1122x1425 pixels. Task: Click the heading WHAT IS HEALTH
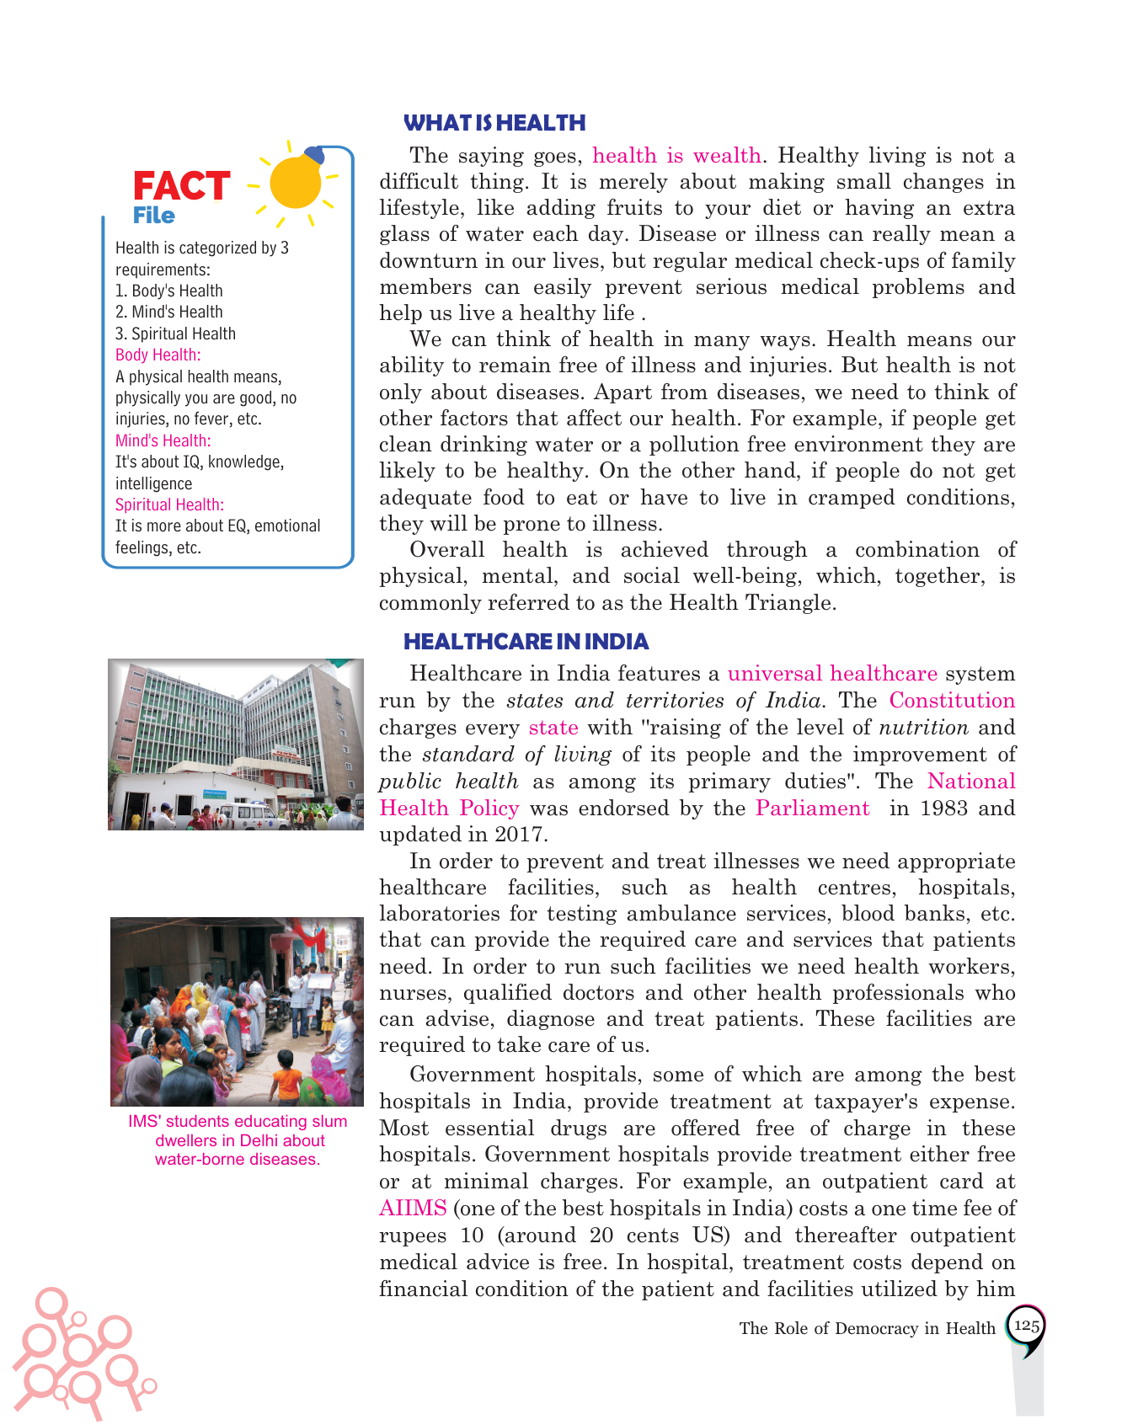pyautogui.click(x=494, y=123)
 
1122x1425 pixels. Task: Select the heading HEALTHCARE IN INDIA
pyautogui.click(x=526, y=642)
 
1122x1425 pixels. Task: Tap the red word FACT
pyautogui.click(x=181, y=186)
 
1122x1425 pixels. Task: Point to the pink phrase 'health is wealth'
pyautogui.click(x=676, y=156)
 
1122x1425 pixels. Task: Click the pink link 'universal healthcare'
pyautogui.click(x=832, y=674)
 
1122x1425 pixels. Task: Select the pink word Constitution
pyautogui.click(x=952, y=701)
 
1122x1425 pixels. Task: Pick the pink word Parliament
pyautogui.click(x=812, y=809)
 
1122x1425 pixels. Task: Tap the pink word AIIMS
pyautogui.click(x=413, y=1209)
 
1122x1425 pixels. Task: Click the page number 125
pyautogui.click(x=1026, y=1326)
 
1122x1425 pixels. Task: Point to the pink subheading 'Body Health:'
pyautogui.click(x=158, y=355)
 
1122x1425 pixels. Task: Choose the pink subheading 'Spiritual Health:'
pyautogui.click(x=169, y=504)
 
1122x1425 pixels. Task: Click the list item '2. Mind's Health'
pyautogui.click(x=169, y=312)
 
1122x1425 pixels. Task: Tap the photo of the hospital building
pyautogui.click(x=236, y=745)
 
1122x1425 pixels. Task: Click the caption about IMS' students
pyautogui.click(x=238, y=1140)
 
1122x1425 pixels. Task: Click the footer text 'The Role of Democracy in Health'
pyautogui.click(x=867, y=1328)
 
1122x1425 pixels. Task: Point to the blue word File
pyautogui.click(x=153, y=216)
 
